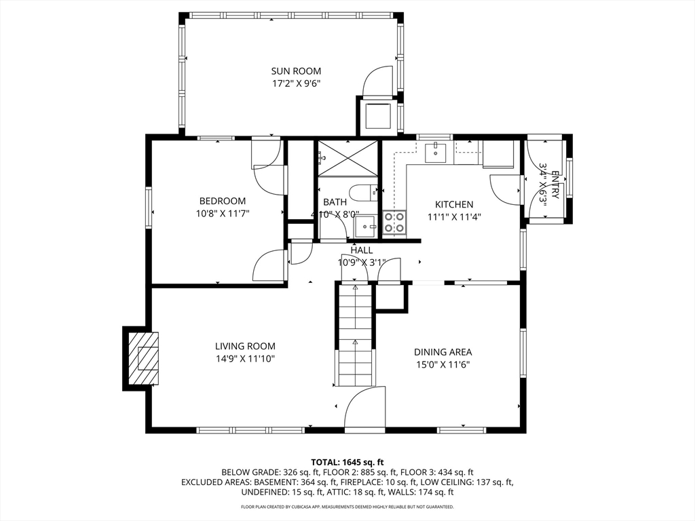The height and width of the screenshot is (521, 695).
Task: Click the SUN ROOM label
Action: [296, 71]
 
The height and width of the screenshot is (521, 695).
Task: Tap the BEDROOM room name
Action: [223, 201]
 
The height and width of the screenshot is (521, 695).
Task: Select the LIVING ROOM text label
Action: [245, 347]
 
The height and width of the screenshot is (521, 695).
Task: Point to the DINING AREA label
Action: [443, 352]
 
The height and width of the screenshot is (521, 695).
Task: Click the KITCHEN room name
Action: [454, 205]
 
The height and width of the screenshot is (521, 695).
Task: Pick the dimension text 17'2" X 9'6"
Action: [296, 83]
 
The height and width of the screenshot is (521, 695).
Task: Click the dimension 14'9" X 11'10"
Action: [245, 359]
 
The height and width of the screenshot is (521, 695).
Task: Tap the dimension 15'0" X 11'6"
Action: [443, 364]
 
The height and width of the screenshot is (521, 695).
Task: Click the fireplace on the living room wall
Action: [142, 358]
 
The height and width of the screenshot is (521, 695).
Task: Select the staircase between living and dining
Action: [355, 335]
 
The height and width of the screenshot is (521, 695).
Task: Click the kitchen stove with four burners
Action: [394, 223]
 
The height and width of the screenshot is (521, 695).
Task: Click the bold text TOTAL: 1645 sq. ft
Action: [347, 463]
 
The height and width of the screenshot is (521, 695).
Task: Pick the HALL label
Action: [362, 250]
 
